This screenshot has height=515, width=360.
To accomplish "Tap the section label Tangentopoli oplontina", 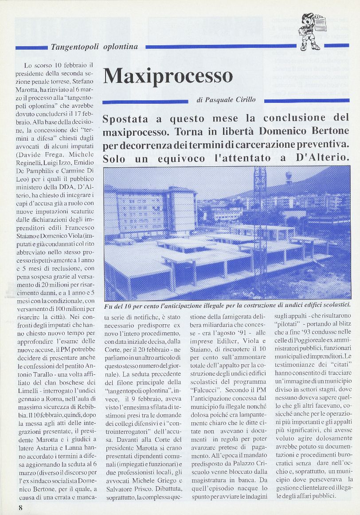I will [x=94, y=47].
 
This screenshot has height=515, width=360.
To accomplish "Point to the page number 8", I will [x=20, y=507].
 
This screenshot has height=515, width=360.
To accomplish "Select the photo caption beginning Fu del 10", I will [x=227, y=305].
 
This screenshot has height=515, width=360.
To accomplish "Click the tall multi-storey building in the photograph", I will [x=151, y=213].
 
